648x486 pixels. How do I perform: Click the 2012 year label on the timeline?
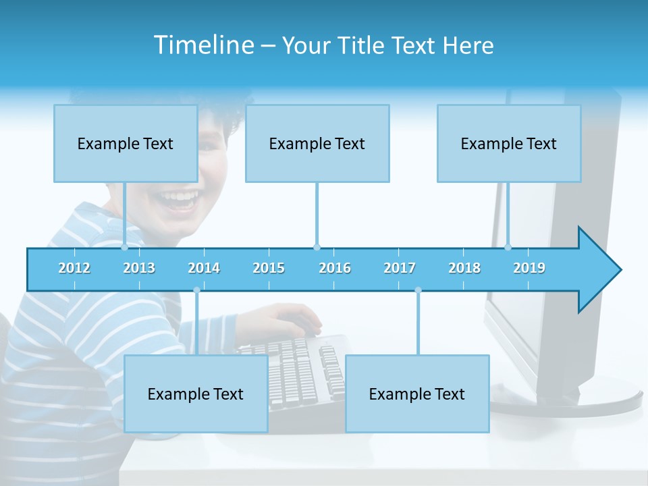tap(74, 268)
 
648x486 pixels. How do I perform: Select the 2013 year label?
tap(139, 268)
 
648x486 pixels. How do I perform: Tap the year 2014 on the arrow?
tap(204, 268)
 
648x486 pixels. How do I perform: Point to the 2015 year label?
tap(269, 268)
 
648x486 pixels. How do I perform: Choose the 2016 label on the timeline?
tap(335, 268)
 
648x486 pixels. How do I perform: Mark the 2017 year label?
tap(400, 268)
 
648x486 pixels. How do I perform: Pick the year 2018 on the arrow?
tap(464, 268)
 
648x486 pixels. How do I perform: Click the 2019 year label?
tap(529, 268)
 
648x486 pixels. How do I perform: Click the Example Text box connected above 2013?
tap(126, 143)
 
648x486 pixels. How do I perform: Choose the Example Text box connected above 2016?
tap(317, 143)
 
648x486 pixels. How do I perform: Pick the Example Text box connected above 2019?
tap(509, 143)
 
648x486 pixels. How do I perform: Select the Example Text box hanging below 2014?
tap(196, 394)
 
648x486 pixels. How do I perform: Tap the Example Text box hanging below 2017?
tap(417, 394)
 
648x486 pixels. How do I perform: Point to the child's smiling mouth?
tap(179, 200)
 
